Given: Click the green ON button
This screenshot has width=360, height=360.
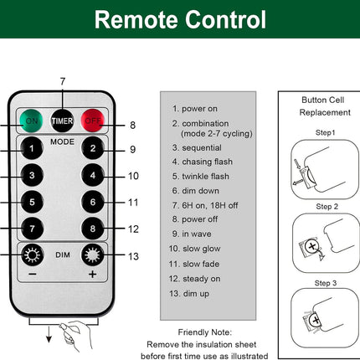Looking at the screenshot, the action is pyautogui.click(x=31, y=121).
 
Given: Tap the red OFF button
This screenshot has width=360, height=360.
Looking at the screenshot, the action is pyautogui.click(x=93, y=121).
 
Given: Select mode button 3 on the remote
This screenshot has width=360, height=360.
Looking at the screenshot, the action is pyautogui.click(x=32, y=175).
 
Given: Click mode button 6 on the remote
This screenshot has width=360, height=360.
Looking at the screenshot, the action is pyautogui.click(x=93, y=202).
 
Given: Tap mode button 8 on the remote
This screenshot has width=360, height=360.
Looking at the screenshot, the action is pyautogui.click(x=93, y=229).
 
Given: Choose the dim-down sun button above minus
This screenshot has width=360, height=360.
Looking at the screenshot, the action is pyautogui.click(x=32, y=255).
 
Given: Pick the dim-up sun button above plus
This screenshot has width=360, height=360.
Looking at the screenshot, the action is pyautogui.click(x=93, y=255).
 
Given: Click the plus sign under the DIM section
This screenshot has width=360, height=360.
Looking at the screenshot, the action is pyautogui.click(x=93, y=275).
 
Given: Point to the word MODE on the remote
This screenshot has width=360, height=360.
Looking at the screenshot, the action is pyautogui.click(x=62, y=141).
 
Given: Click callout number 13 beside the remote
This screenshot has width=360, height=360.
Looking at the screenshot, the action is pyautogui.click(x=133, y=256).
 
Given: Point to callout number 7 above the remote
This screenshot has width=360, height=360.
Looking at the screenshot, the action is pyautogui.click(x=63, y=81).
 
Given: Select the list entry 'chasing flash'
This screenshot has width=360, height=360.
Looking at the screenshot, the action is pyautogui.click(x=203, y=162).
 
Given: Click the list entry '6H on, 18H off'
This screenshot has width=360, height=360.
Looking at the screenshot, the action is pyautogui.click(x=205, y=205).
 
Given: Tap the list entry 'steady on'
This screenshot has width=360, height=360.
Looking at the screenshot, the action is pyautogui.click(x=194, y=279).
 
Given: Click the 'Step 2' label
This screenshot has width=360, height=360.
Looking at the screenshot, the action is pyautogui.click(x=327, y=207).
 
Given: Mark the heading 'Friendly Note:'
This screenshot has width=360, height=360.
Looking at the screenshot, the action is pyautogui.click(x=205, y=332).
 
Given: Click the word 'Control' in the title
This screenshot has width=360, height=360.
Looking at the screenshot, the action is pyautogui.click(x=225, y=19).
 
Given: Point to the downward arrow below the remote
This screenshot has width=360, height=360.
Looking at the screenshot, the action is pyautogui.click(x=49, y=334).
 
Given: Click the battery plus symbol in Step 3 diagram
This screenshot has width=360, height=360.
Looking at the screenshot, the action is pyautogui.click(x=316, y=320).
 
